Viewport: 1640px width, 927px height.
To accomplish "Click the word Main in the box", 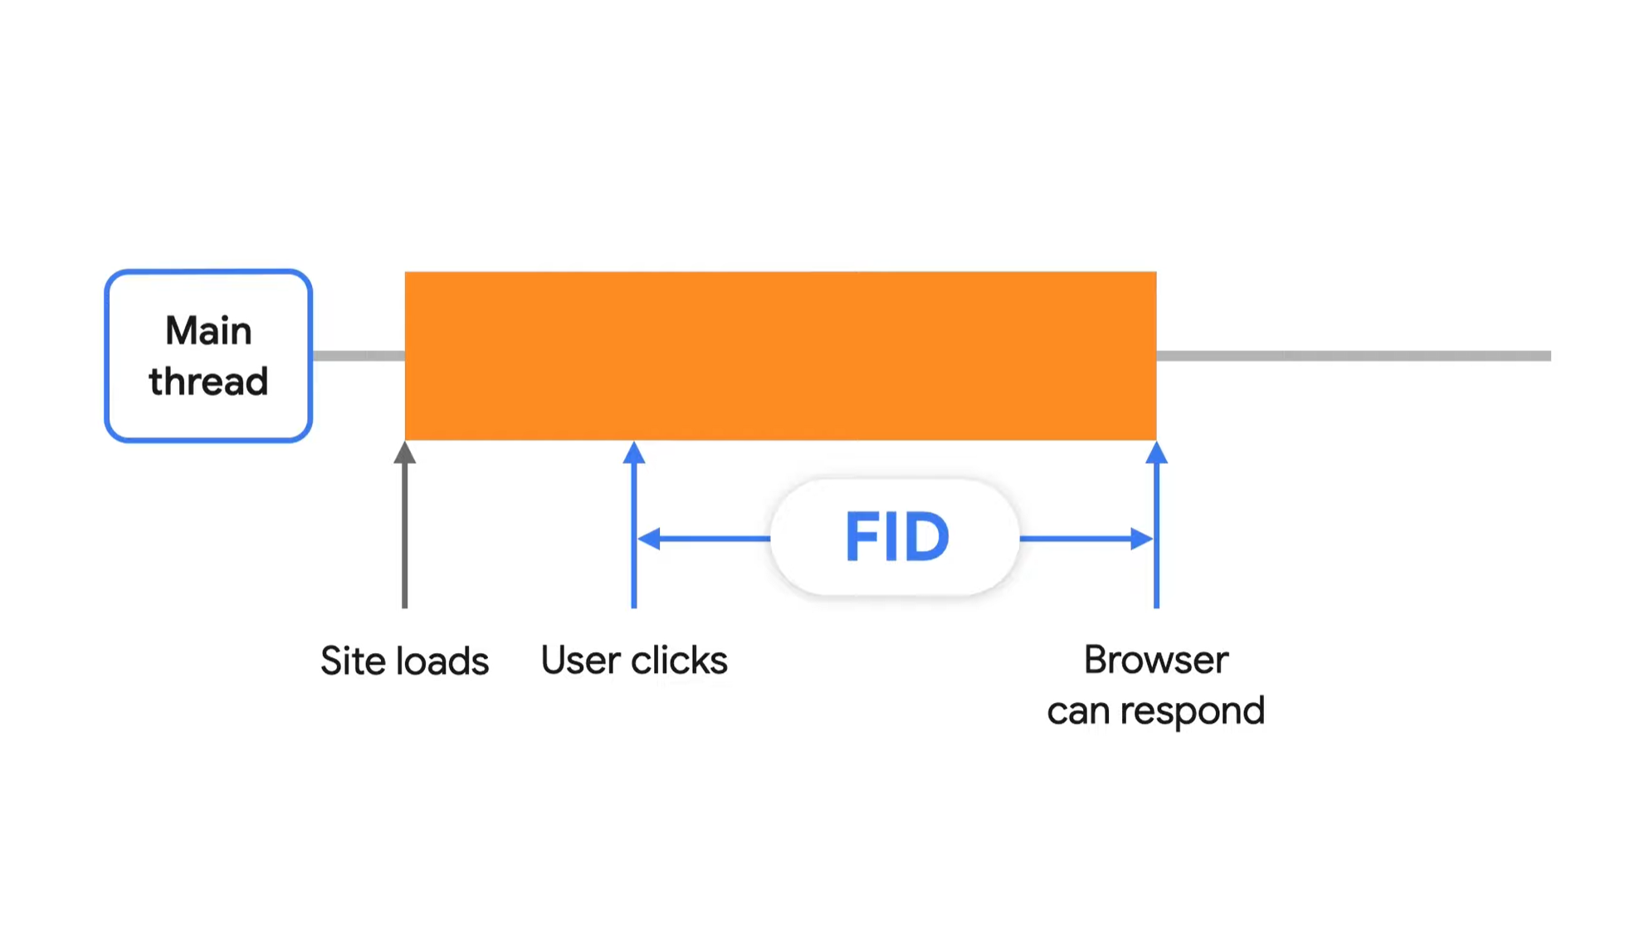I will (x=208, y=331).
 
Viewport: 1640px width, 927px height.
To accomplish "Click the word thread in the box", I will (x=208, y=382).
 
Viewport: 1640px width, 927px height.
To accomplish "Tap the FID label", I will (x=896, y=538).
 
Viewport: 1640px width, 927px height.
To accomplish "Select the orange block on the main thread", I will (x=780, y=355).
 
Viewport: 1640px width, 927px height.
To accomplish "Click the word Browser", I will (x=1155, y=661).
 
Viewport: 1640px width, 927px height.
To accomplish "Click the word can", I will (x=1078, y=712).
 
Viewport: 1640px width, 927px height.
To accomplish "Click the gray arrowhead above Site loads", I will (x=405, y=453).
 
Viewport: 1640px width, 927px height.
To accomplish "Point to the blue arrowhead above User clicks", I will (x=634, y=453).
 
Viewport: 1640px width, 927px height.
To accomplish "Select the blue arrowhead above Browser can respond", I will (x=1156, y=453).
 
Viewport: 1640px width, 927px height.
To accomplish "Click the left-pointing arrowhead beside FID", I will (x=648, y=539).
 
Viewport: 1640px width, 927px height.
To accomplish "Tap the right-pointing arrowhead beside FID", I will (x=1142, y=539).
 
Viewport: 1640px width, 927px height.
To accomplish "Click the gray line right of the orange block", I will (x=1353, y=355).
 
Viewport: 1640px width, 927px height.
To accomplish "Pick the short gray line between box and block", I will (x=359, y=355).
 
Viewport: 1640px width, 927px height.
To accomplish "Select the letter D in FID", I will (x=927, y=538).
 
